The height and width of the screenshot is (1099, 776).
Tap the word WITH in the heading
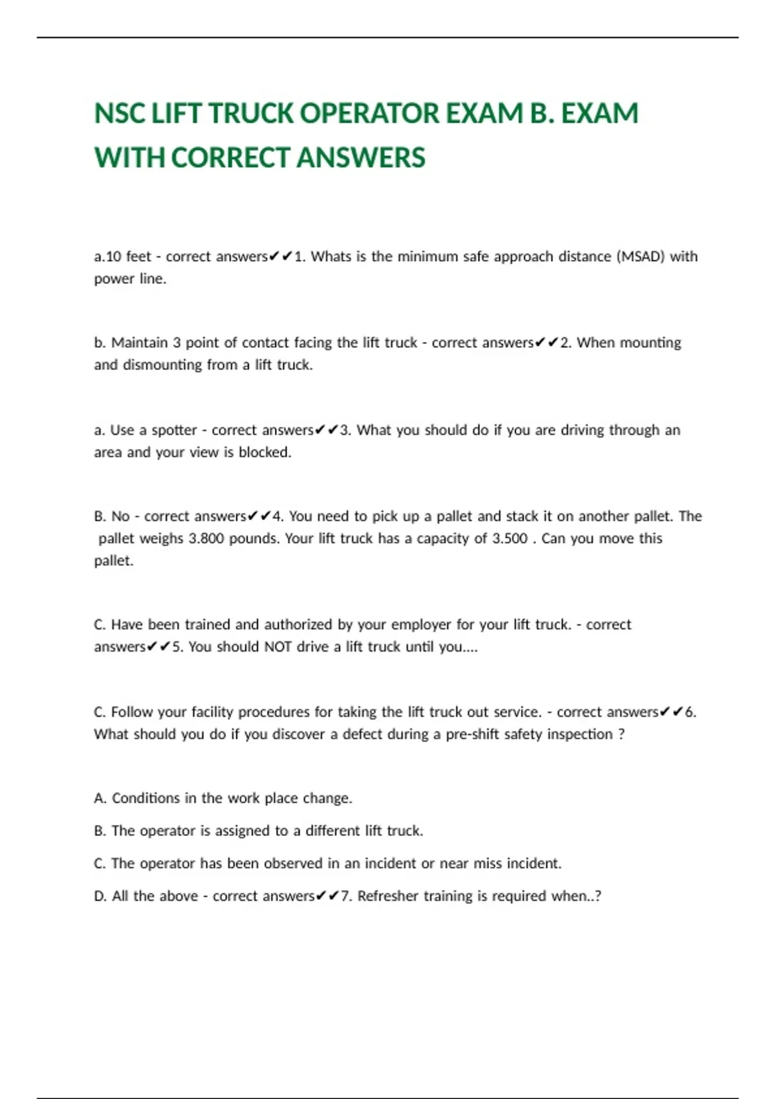(129, 158)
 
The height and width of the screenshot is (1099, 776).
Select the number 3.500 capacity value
(510, 539)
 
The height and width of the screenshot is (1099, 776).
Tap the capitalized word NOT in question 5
(277, 647)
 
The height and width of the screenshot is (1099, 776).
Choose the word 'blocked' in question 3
(264, 453)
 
